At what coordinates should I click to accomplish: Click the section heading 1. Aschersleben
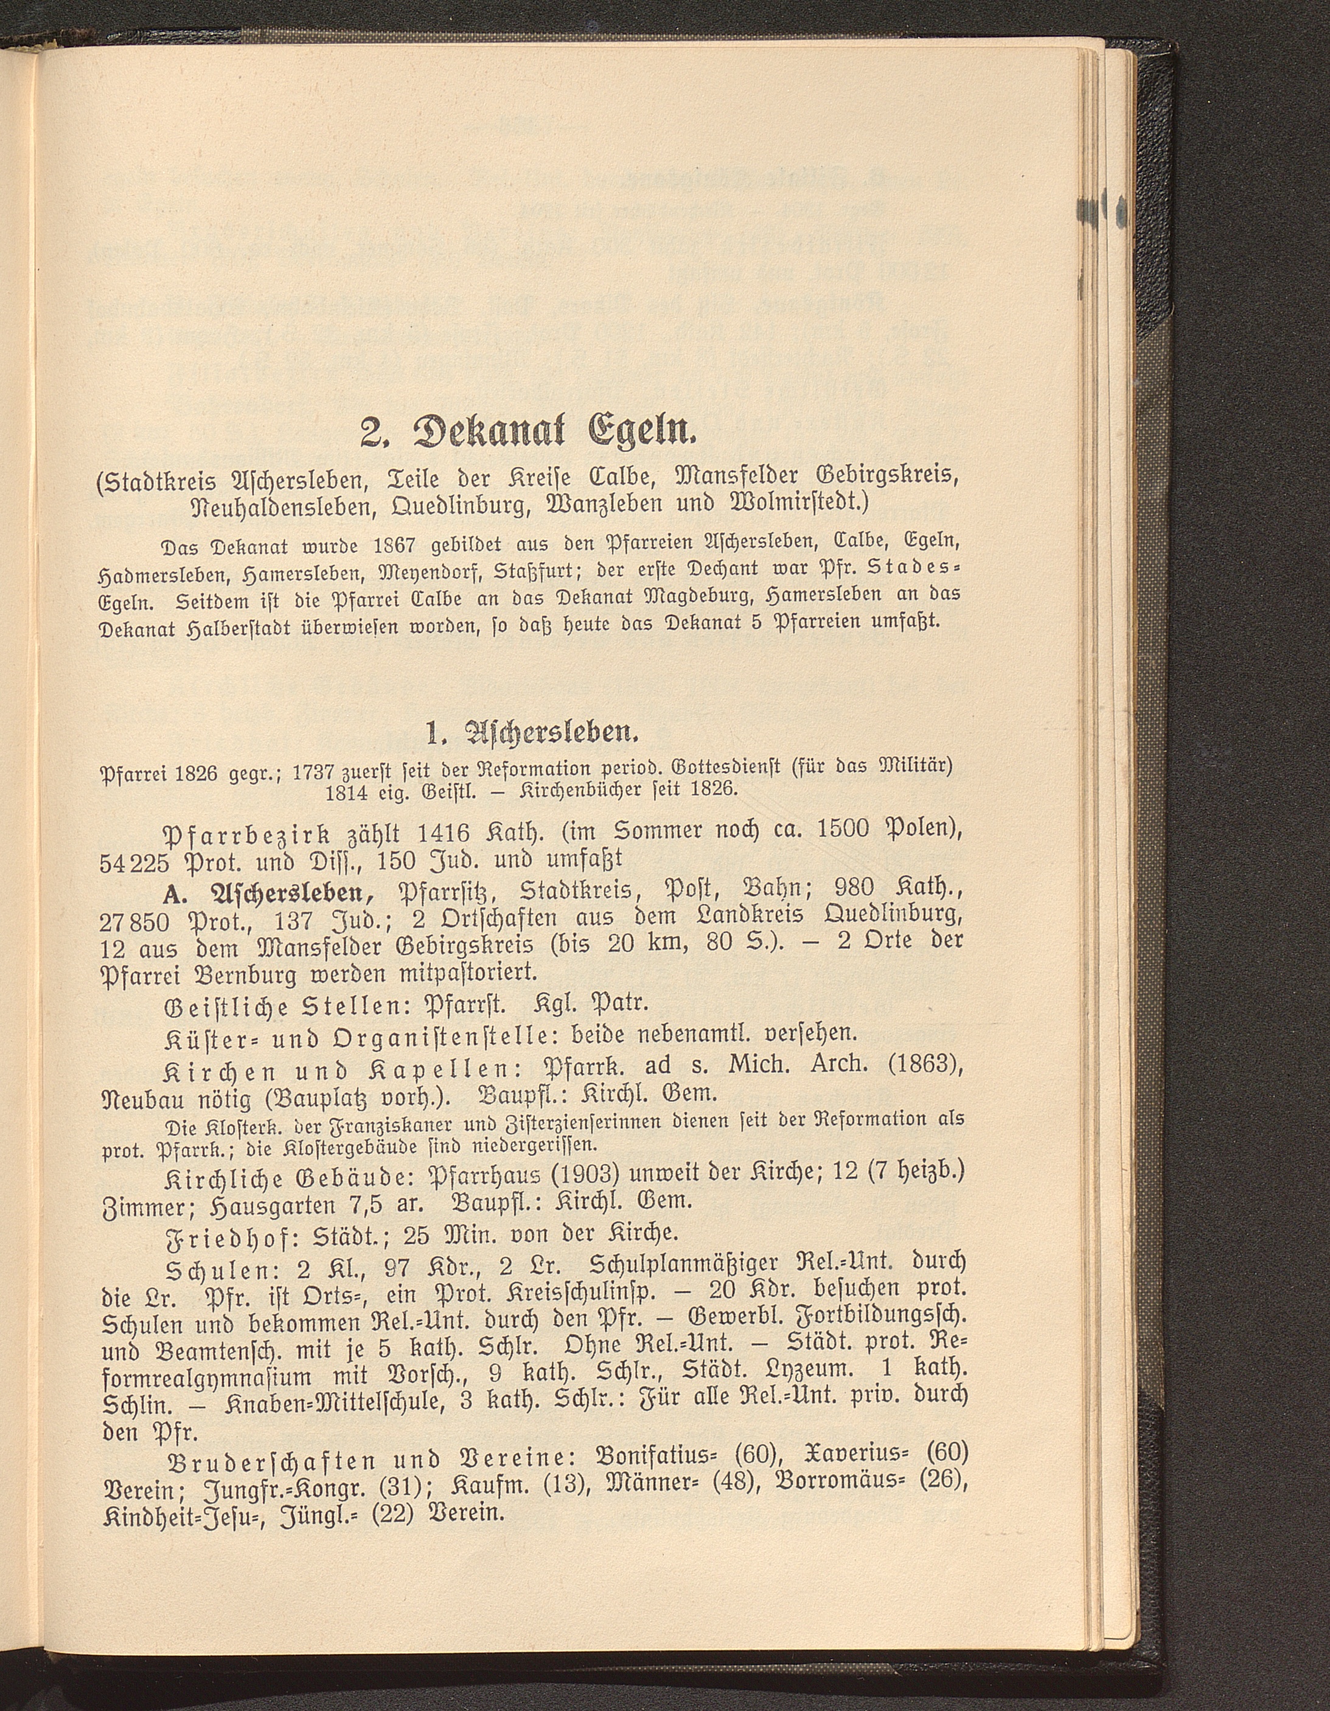click(x=532, y=735)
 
